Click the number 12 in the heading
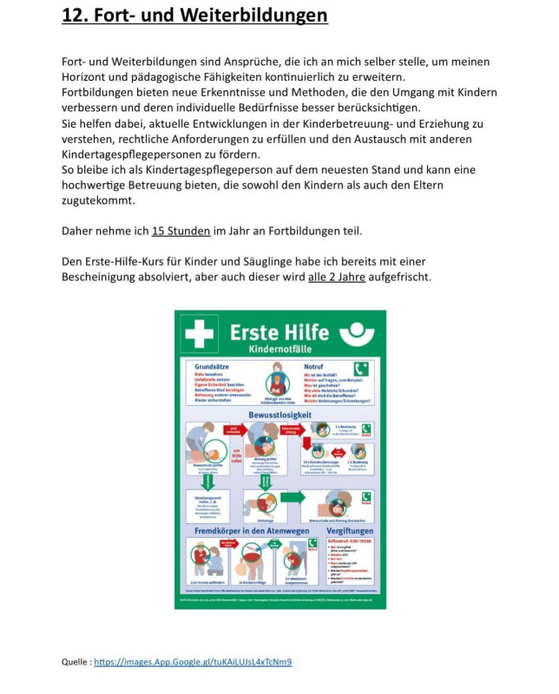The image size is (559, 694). click(x=73, y=16)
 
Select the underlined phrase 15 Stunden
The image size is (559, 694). click(x=181, y=231)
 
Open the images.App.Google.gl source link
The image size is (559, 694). click(x=193, y=662)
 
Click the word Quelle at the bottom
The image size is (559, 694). click(x=75, y=662)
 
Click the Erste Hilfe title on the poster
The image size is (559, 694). click(x=279, y=331)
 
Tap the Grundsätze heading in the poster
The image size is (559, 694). click(x=213, y=366)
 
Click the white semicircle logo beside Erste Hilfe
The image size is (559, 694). click(x=358, y=333)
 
